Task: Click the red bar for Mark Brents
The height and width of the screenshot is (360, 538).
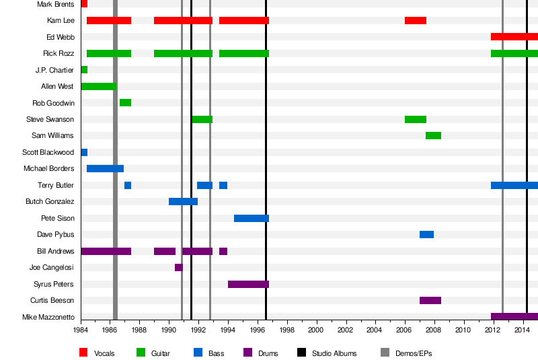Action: (x=84, y=4)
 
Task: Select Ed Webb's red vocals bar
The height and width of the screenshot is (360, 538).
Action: (x=514, y=36)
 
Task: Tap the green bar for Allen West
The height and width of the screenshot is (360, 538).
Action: (x=98, y=86)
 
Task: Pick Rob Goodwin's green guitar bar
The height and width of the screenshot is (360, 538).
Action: (x=125, y=102)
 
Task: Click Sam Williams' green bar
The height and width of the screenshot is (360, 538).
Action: (x=433, y=135)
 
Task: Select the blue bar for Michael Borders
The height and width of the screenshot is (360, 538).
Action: (x=105, y=168)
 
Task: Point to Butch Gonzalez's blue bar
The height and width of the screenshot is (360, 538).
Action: (x=183, y=201)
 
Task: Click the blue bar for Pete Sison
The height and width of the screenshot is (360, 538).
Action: (x=252, y=218)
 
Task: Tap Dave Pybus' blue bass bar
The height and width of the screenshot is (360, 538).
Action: (x=426, y=234)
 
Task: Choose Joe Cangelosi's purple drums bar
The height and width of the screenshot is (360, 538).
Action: (x=178, y=267)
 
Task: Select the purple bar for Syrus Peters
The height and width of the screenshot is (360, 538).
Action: (x=248, y=284)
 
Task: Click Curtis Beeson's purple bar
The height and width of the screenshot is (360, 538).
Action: (x=430, y=300)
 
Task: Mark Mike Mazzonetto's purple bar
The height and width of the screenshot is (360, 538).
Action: (x=514, y=316)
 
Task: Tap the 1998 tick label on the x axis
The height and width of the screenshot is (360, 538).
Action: (x=287, y=330)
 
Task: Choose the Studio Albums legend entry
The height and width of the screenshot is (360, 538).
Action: (x=334, y=353)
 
